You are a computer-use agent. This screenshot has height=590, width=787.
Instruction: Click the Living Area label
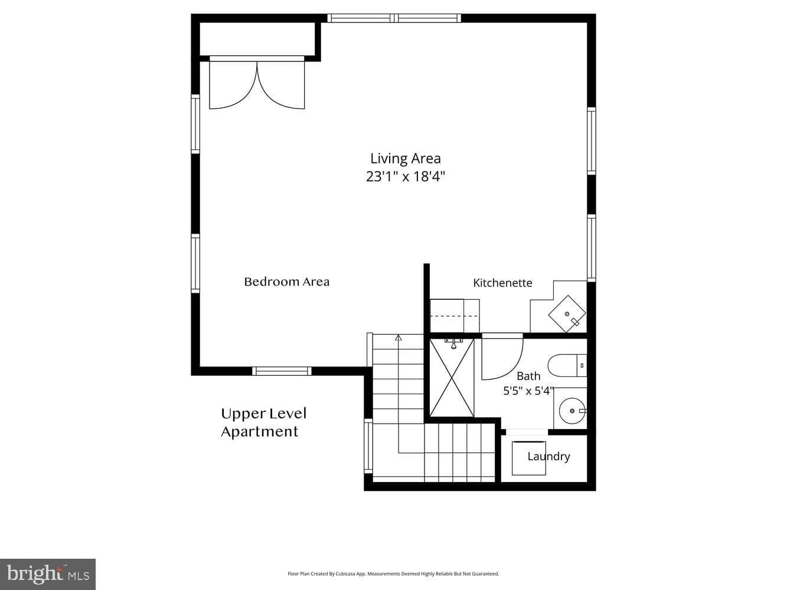coord(405,158)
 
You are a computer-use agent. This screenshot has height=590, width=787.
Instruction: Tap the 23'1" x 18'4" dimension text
coord(405,176)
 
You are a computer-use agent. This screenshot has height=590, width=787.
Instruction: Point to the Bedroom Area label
coord(286,282)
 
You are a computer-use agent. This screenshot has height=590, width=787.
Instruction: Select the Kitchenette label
coord(502,283)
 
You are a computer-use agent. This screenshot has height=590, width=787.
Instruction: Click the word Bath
coord(528,376)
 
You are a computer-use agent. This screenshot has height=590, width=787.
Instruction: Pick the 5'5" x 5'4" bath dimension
coord(528,391)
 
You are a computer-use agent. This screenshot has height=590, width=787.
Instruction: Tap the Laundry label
coord(548,457)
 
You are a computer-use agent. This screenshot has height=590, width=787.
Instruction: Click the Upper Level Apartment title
coord(263,422)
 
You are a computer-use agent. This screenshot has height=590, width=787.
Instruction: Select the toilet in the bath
coord(567,365)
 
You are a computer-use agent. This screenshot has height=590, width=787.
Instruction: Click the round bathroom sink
coord(572,411)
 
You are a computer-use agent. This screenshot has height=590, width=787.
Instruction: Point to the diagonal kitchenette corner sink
coord(567,314)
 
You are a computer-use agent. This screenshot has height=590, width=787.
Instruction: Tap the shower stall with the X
coord(452,378)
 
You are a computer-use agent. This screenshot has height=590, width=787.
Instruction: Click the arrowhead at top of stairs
coord(399,337)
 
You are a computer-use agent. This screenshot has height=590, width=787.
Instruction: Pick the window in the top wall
coord(394,18)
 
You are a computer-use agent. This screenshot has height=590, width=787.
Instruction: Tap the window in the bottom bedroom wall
coord(282,371)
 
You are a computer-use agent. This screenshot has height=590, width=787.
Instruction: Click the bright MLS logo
coord(48,574)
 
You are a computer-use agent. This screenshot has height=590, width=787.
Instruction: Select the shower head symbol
coord(453,343)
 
